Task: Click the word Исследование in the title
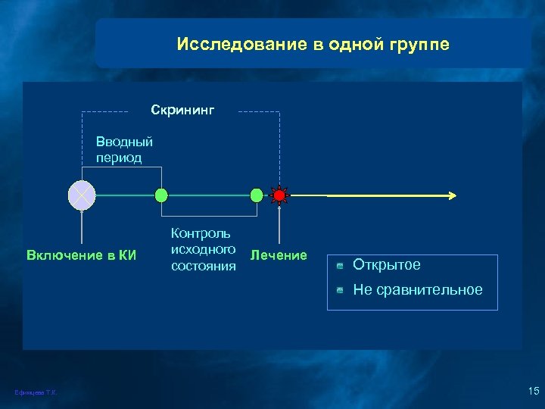[227, 45]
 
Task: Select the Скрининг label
[182, 111]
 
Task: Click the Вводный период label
[124, 149]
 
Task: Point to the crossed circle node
[81, 195]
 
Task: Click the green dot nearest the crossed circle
[161, 195]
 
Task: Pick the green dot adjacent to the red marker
[257, 195]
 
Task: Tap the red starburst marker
[279, 195]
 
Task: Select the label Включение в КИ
[81, 254]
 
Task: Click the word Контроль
[201, 234]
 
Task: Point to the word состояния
[204, 266]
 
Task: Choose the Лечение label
[279, 255]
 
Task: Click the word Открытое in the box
[386, 265]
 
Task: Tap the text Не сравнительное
[417, 290]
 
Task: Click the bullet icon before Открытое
[341, 266]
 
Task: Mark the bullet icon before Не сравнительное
[341, 290]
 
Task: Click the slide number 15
[532, 390]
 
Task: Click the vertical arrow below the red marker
[279, 223]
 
